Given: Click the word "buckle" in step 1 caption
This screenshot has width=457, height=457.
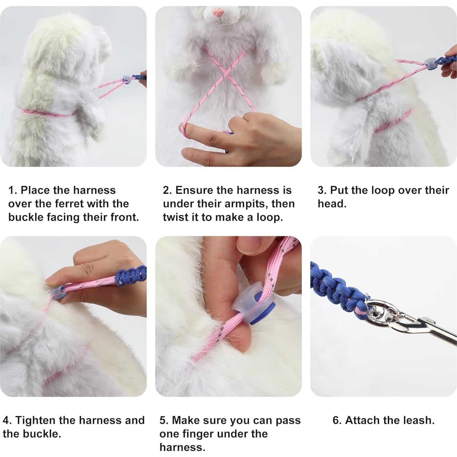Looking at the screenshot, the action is pyautogui.click(x=26, y=217).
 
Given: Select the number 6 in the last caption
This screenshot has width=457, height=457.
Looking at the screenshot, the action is pyautogui.click(x=336, y=421).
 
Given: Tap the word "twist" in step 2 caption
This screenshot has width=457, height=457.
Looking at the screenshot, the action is pyautogui.click(x=176, y=217).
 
